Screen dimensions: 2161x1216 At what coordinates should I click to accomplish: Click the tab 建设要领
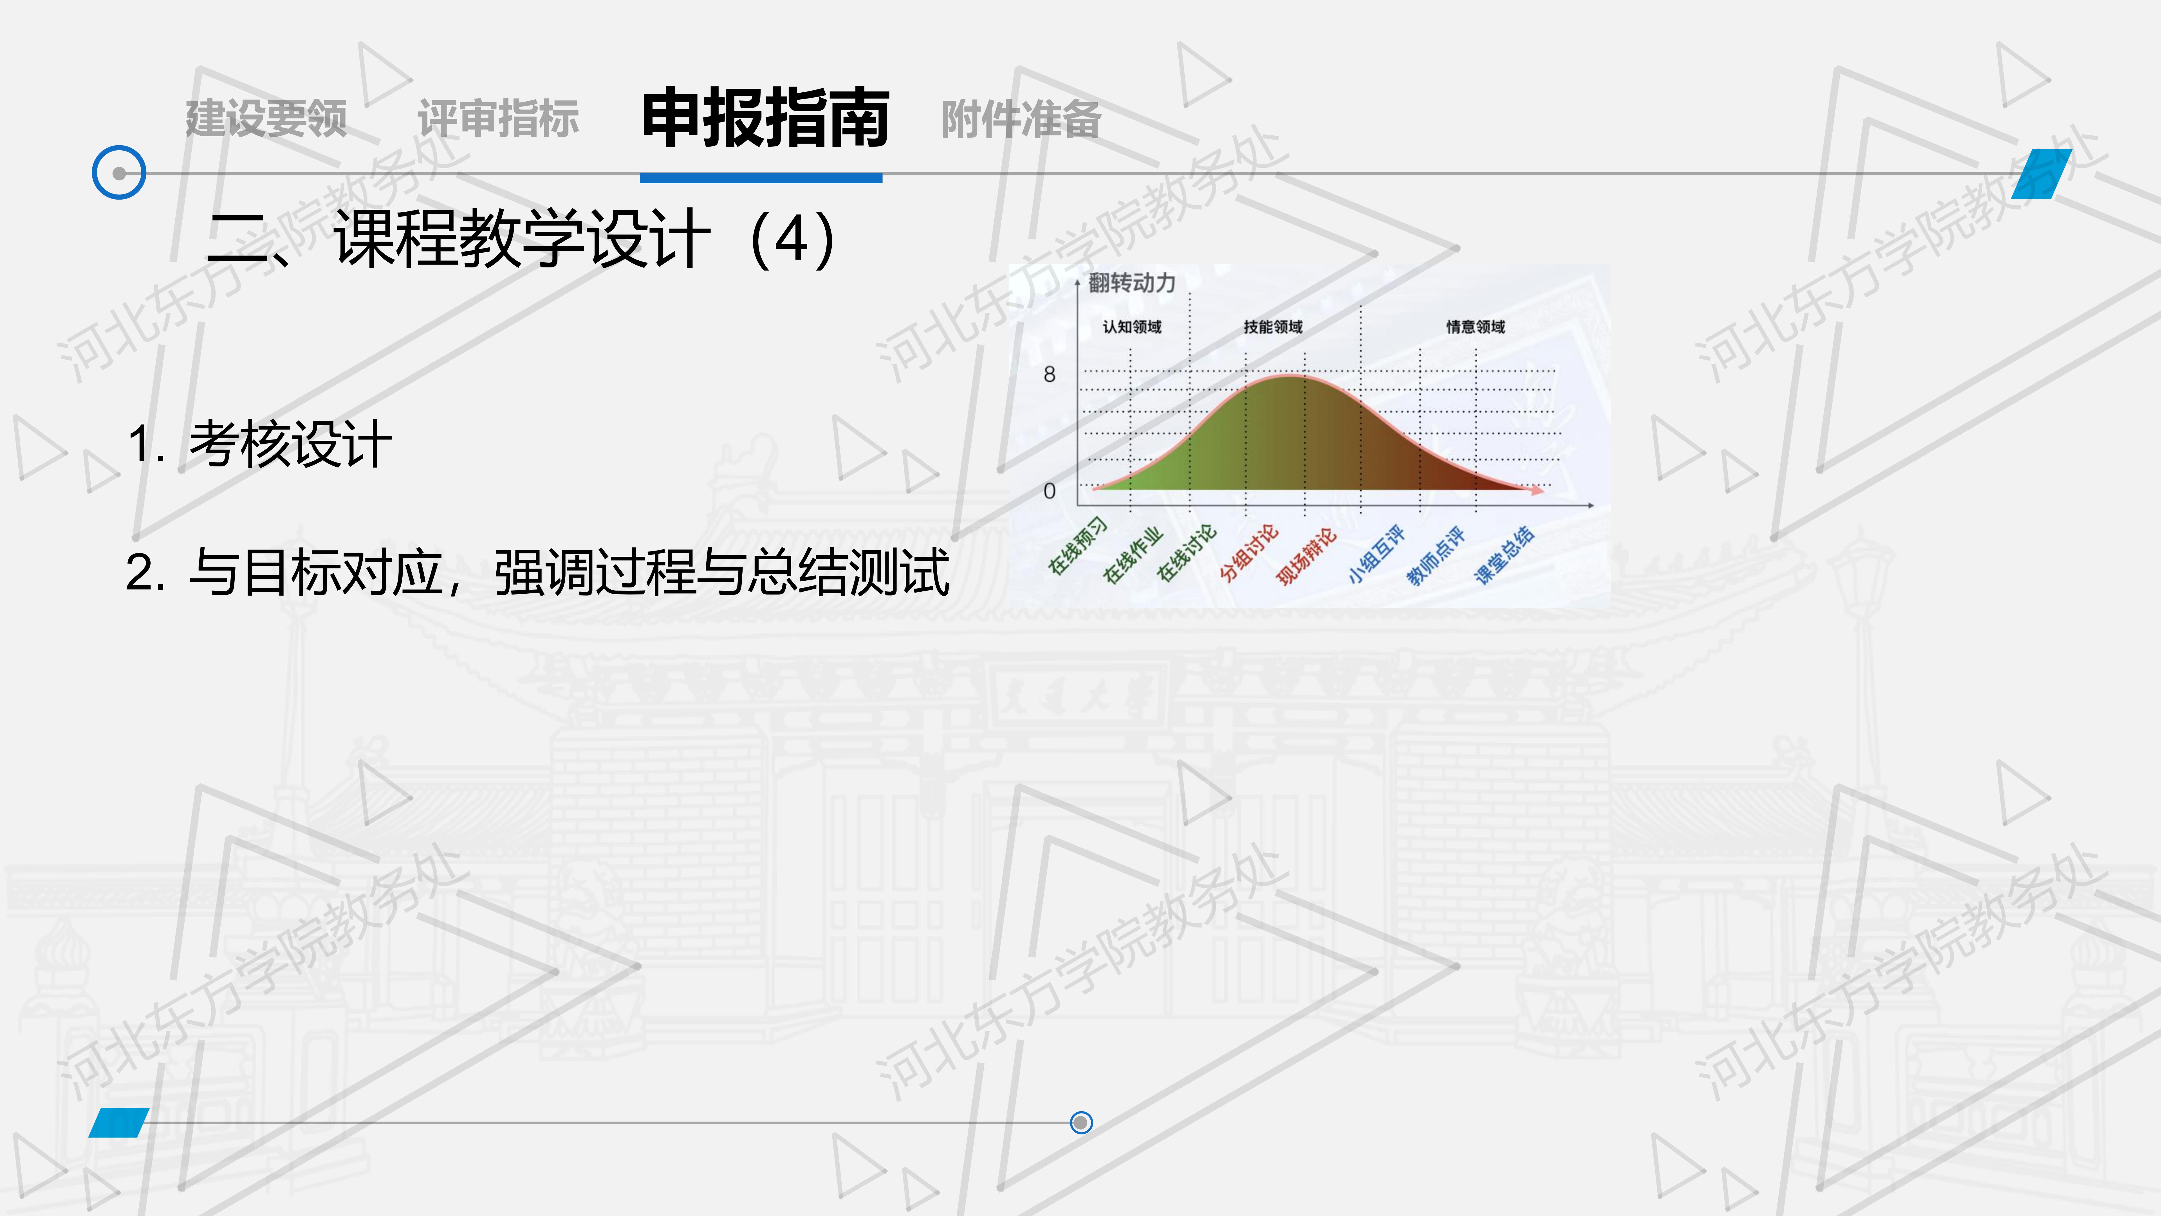pyautogui.click(x=266, y=118)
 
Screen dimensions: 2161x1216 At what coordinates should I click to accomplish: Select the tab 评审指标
pyautogui.click(x=498, y=118)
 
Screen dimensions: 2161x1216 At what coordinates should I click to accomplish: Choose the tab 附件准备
pyautogui.click(x=1021, y=118)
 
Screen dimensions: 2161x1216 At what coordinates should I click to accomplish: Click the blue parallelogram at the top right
pyautogui.click(x=2041, y=174)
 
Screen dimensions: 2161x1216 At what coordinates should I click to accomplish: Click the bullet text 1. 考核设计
pyautogui.click(x=259, y=444)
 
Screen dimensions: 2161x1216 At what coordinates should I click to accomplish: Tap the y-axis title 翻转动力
pyautogui.click(x=1132, y=283)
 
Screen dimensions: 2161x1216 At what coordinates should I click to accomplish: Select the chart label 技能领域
pyautogui.click(x=1273, y=327)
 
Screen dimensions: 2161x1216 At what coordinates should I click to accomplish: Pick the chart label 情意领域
pyautogui.click(x=1476, y=327)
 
